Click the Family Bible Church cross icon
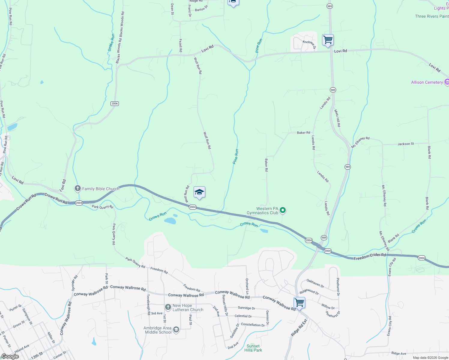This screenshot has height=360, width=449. tap(78, 188)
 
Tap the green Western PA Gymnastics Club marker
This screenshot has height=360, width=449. tap(283, 211)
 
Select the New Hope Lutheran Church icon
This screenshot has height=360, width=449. tap(168, 307)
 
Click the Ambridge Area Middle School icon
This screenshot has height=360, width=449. tap(176, 330)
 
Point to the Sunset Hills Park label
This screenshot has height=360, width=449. tap(253, 348)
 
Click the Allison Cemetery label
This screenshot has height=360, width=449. tap(427, 82)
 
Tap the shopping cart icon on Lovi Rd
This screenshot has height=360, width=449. tap(328, 40)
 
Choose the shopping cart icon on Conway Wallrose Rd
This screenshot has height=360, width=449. tap(299, 302)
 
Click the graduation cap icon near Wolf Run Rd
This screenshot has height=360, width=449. tap(199, 192)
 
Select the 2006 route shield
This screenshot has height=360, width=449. tap(115, 103)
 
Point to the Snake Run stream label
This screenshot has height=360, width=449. tap(111, 43)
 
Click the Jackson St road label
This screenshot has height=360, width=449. tap(406, 144)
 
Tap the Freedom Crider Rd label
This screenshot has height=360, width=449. tap(369, 257)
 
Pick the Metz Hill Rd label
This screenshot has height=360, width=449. tap(338, 118)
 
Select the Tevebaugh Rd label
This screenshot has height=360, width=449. tap(148, 304)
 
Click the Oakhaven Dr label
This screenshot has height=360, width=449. tap(315, 283)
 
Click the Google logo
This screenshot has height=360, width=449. tap(10, 356)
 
